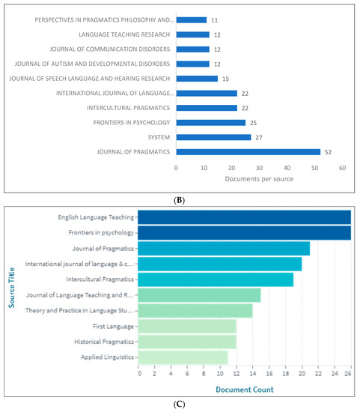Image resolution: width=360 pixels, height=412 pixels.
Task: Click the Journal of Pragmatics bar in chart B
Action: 248,151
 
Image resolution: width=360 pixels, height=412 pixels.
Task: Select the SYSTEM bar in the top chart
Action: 213,137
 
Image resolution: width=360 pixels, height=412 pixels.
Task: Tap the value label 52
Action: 327,151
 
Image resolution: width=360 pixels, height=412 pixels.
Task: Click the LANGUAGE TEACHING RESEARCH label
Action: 124,34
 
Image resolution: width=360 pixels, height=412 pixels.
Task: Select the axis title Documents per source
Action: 259,180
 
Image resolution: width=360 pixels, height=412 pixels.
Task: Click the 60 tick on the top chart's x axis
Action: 342,169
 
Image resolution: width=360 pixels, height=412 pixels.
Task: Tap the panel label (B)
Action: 180,198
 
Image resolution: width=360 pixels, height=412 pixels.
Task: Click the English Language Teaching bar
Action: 245,217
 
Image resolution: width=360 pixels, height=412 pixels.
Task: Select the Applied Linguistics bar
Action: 183,357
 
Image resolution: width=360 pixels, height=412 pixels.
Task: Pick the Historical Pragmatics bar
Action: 188,342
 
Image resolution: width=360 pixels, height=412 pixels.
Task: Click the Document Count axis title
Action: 245,389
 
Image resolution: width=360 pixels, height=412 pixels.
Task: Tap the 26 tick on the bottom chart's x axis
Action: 350,374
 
